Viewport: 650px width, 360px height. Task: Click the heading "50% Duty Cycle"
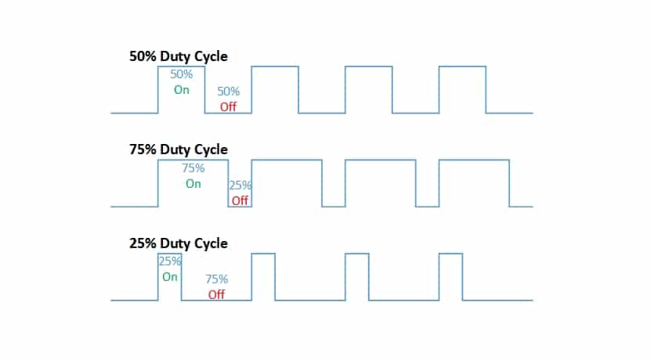point(179,56)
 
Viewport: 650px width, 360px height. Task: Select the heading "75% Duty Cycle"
point(179,149)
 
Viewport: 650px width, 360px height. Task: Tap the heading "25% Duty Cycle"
point(179,243)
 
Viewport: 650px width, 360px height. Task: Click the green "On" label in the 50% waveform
point(182,89)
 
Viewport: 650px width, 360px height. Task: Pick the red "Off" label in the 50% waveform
point(228,106)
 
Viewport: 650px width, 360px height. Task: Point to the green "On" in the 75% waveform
point(193,184)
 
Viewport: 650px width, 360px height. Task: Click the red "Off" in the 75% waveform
point(240,200)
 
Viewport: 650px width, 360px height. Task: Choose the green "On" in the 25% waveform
point(170,277)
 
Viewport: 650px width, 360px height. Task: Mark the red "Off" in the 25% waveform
point(217,294)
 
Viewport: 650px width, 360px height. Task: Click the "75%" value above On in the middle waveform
point(193,167)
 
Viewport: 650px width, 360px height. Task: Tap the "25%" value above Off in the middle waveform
point(240,185)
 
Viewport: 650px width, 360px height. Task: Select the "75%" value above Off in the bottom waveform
point(217,279)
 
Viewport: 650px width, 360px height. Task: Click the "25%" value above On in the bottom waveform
point(170,261)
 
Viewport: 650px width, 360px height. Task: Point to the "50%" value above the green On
point(182,74)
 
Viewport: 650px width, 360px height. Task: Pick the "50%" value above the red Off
point(228,92)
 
